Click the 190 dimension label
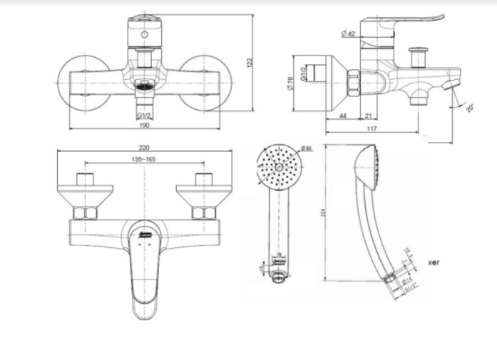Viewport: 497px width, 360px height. (x=144, y=125)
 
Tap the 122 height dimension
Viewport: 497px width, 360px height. (x=250, y=63)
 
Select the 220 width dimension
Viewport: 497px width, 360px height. (x=144, y=146)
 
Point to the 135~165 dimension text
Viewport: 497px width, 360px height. (x=144, y=159)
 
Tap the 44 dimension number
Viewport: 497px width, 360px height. (x=343, y=115)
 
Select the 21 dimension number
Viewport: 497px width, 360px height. (x=368, y=115)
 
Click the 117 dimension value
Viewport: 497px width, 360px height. (x=391, y=129)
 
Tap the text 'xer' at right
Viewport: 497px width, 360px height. (x=434, y=262)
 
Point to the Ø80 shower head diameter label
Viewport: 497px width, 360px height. (x=306, y=148)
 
